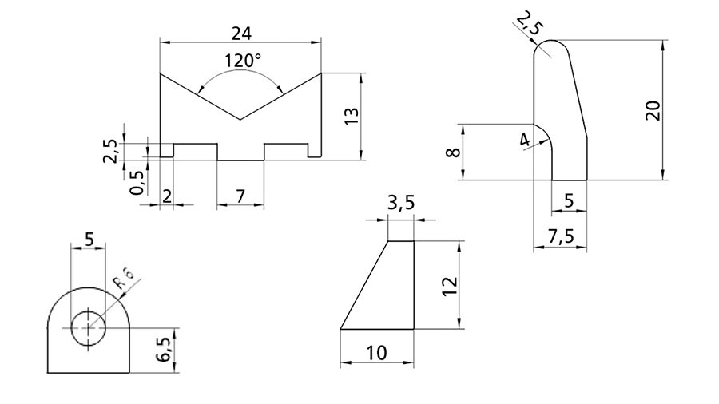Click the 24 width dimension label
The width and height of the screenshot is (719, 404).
pos(241,34)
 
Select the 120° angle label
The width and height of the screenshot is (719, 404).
pos(243,61)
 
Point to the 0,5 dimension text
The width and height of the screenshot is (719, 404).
pos(137,183)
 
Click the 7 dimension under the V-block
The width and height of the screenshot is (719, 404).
pos(240,196)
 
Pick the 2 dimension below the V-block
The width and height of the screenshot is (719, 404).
pos(167,196)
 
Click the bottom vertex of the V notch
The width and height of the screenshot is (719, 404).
pos(240,120)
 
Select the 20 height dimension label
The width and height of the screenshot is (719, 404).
pos(653,110)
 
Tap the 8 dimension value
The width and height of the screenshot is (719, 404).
pos(453,151)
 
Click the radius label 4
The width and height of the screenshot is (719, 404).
pos(525,140)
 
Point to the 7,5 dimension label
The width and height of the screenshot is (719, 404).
pos(561,236)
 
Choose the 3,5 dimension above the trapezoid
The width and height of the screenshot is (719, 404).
pos(401,202)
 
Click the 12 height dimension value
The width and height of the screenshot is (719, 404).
pos(451,286)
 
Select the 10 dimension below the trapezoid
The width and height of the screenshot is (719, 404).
pos(376,353)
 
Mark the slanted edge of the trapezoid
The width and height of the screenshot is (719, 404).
pos(364,285)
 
